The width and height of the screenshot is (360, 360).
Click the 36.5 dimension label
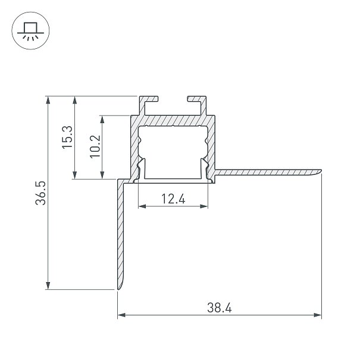[41, 193]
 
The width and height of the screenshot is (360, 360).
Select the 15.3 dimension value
[67, 137]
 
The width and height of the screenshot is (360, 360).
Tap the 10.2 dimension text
[95, 146]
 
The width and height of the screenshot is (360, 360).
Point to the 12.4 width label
[173, 199]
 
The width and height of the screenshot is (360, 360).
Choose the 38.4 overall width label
[219, 308]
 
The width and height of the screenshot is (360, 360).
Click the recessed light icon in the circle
[30, 31]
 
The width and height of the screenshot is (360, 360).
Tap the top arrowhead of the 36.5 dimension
[48, 101]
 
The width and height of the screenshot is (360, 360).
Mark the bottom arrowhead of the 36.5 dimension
[48, 286]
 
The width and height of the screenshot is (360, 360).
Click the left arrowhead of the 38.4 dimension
[121, 315]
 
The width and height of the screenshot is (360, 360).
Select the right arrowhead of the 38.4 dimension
[318, 315]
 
